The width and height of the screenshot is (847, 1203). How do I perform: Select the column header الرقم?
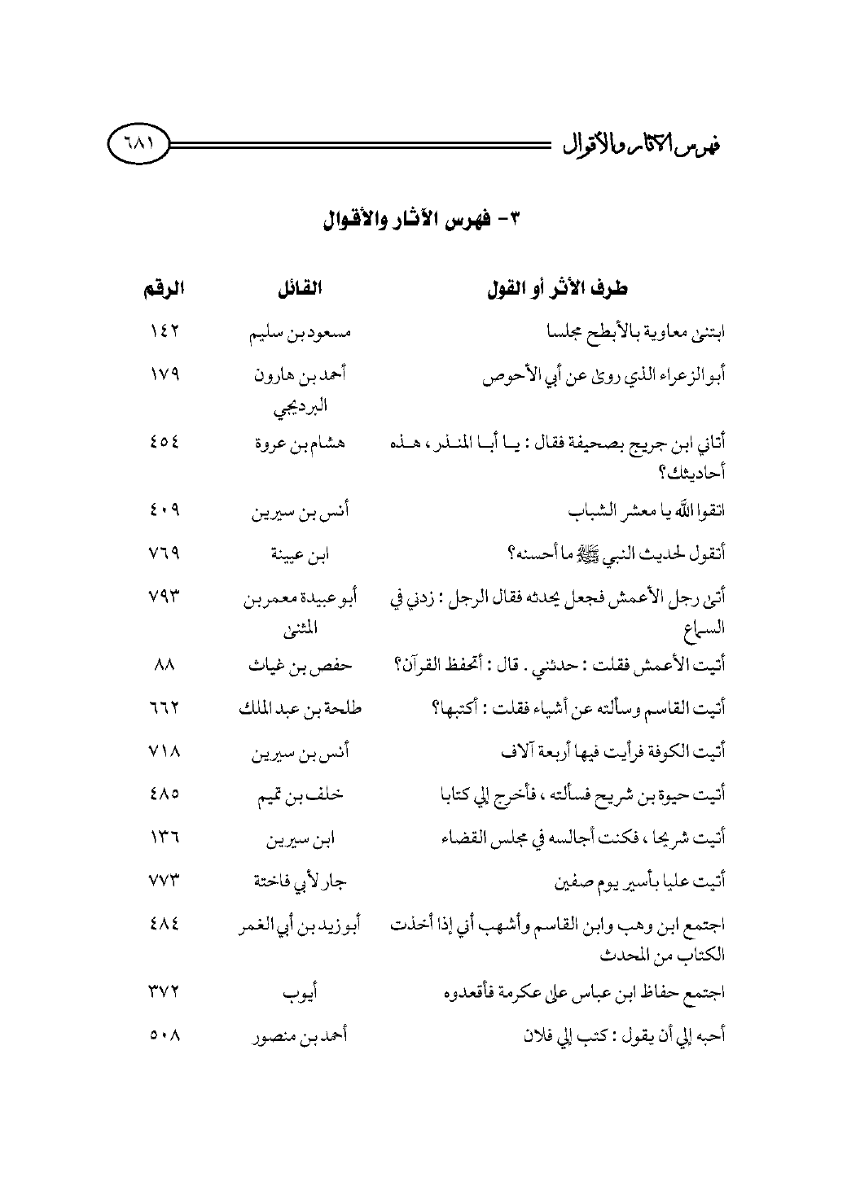pos(161,288)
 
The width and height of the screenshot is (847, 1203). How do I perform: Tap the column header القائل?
pos(298,288)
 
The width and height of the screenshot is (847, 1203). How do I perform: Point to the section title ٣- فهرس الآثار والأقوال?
pos(423,221)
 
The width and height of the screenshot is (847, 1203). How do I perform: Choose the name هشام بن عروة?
pos(298,444)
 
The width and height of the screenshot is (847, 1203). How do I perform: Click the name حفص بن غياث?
pos(298,666)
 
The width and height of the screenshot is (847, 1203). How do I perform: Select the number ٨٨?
pos(161,666)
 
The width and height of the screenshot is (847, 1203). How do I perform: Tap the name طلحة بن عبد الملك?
pos(298,708)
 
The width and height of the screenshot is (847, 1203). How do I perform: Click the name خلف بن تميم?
pos(298,795)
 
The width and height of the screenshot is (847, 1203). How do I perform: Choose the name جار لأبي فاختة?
pos(298,881)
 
